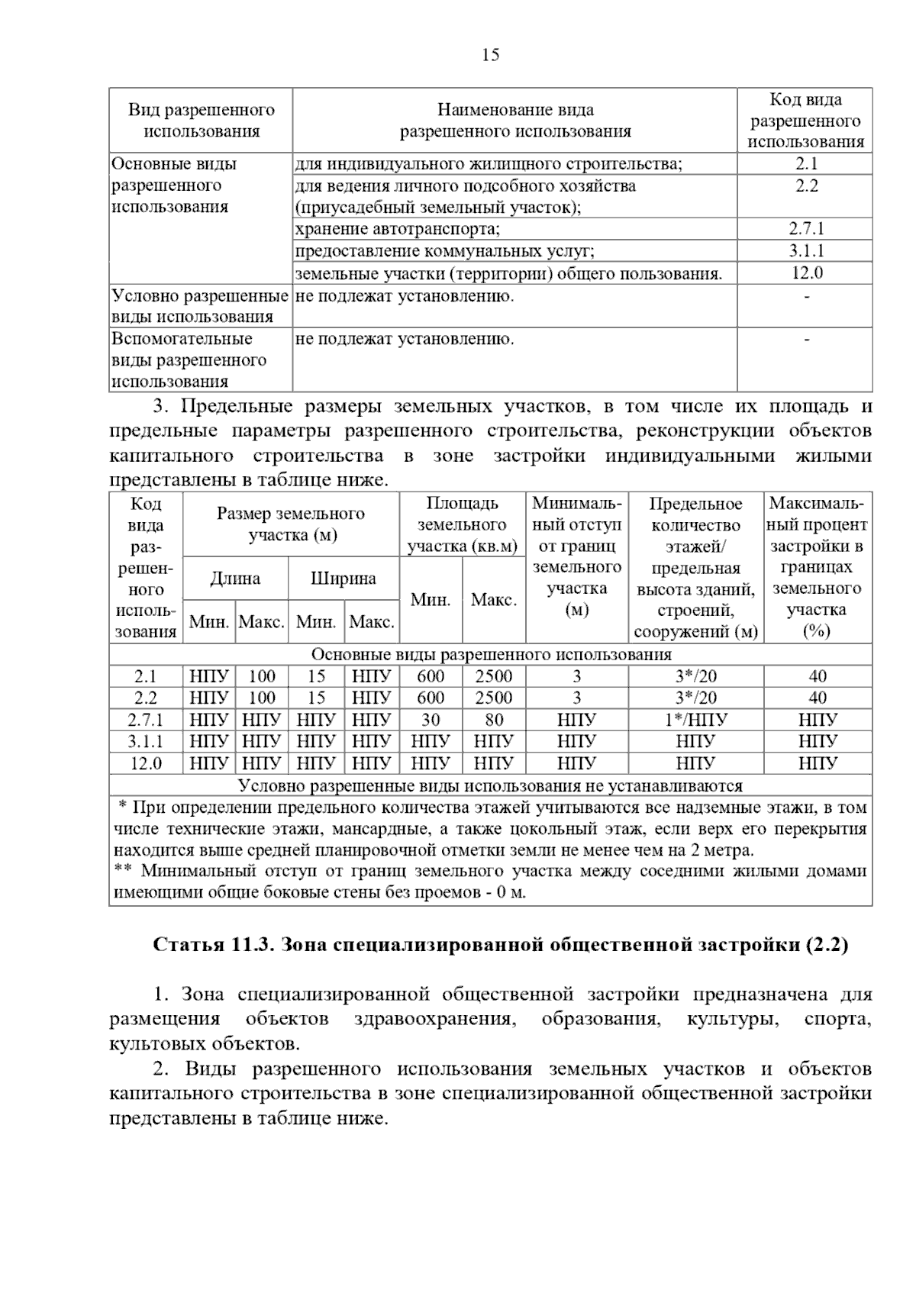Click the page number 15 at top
[491, 55]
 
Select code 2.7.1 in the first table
[806, 229]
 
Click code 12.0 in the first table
[806, 272]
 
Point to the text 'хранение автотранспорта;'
[398, 229]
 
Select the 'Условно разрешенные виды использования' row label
[200, 306]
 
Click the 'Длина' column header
[235, 579]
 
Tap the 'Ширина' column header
[343, 579]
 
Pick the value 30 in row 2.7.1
[431, 720]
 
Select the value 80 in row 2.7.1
[494, 720]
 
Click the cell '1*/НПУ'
[695, 720]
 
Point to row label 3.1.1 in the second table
[145, 741]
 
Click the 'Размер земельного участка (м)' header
[291, 524]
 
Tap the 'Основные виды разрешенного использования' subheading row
[491, 655]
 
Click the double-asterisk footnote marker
[123, 871]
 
